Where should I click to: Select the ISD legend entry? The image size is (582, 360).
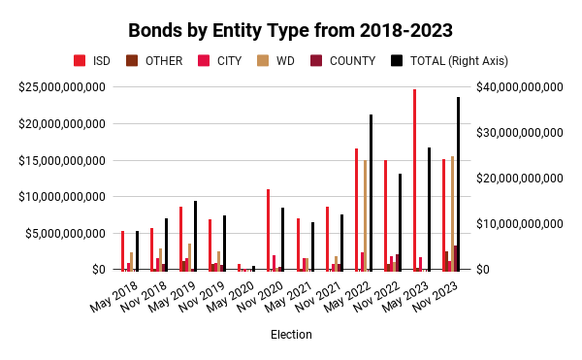(93, 60)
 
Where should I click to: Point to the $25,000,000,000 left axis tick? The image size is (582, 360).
(61, 87)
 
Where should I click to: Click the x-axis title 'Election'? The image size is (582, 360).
(292, 335)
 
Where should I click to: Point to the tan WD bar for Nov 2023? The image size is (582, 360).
(452, 213)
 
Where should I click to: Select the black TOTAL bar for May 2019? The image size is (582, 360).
(195, 236)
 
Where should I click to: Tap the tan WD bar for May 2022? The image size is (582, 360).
(365, 214)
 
